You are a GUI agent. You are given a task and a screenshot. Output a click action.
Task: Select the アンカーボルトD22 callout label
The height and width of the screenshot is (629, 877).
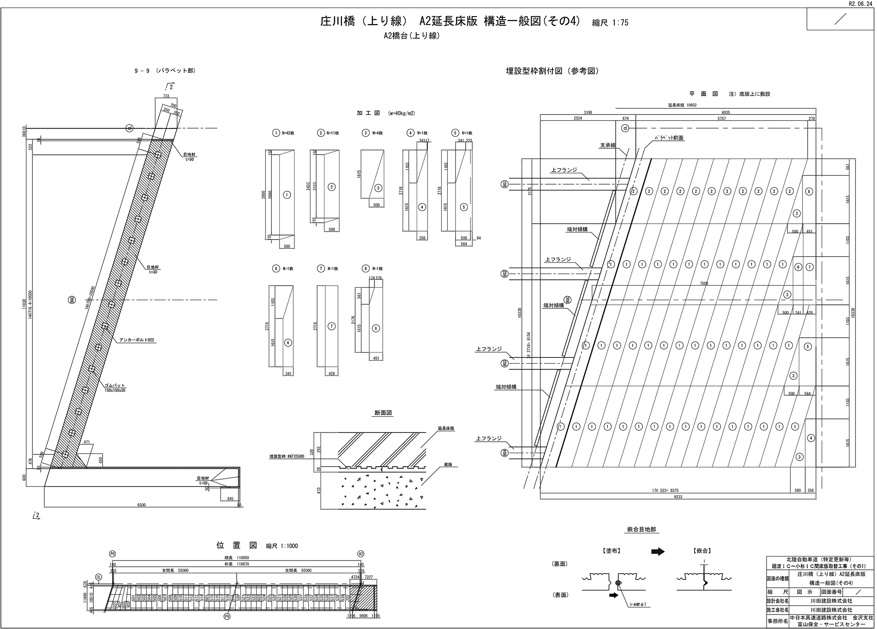click(137, 340)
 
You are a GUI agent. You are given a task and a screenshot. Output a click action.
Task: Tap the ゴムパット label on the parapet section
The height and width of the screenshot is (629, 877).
click(114, 385)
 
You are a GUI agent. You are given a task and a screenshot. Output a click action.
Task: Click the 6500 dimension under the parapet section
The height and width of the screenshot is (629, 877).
click(141, 505)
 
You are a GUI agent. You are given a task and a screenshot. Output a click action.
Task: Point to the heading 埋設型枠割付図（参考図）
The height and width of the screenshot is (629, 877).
click(552, 71)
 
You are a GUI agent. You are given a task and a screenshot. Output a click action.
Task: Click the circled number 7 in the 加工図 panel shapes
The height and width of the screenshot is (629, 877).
click(332, 326)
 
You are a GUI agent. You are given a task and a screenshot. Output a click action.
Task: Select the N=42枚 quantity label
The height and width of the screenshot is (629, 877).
click(288, 133)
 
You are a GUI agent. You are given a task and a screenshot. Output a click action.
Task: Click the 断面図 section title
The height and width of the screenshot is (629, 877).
click(383, 413)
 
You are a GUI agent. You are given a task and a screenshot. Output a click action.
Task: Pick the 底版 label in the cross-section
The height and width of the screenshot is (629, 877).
click(447, 464)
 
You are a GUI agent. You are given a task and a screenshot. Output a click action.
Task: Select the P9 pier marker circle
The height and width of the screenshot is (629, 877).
click(227, 616)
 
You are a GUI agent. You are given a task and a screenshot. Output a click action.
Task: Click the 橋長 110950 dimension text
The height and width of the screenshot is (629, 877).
click(236, 558)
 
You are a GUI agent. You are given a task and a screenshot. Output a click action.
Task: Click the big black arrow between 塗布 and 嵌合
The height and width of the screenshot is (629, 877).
click(658, 552)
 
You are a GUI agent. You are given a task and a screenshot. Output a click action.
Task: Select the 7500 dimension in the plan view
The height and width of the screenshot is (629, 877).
click(704, 283)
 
